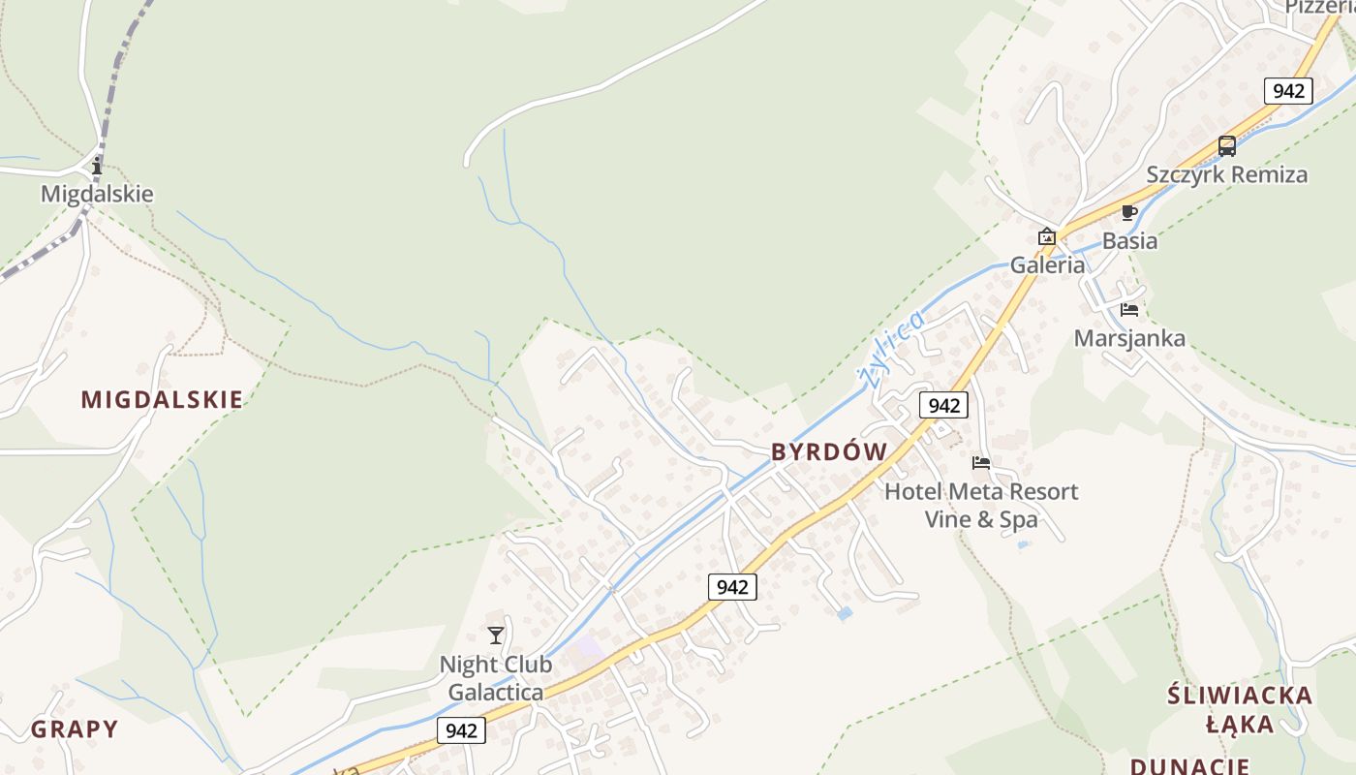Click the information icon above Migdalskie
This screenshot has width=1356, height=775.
(x=96, y=167)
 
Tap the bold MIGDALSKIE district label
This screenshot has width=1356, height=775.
(x=162, y=399)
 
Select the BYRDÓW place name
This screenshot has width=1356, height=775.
(x=829, y=451)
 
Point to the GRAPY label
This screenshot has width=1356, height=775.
(x=75, y=729)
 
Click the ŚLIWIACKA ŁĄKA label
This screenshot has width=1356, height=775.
(x=1240, y=709)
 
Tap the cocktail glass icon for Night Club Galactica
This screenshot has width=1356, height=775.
(x=496, y=635)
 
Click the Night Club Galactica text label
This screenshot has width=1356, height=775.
(x=496, y=678)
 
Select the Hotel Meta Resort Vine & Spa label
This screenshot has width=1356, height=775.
(x=981, y=505)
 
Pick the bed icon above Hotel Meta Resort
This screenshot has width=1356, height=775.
(x=981, y=463)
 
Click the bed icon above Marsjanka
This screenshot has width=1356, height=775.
(x=1129, y=310)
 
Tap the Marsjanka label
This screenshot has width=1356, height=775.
(x=1129, y=338)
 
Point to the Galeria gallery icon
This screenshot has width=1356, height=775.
(x=1046, y=236)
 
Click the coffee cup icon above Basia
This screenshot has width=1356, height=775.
(x=1128, y=212)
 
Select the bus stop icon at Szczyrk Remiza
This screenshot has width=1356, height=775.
(x=1227, y=146)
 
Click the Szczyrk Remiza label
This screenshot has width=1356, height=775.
(x=1227, y=174)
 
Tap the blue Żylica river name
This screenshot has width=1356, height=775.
(x=892, y=347)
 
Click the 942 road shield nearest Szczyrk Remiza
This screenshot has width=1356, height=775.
(x=1288, y=91)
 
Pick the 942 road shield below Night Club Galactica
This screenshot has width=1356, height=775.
(x=461, y=729)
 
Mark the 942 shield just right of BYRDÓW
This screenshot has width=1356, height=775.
(x=942, y=405)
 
